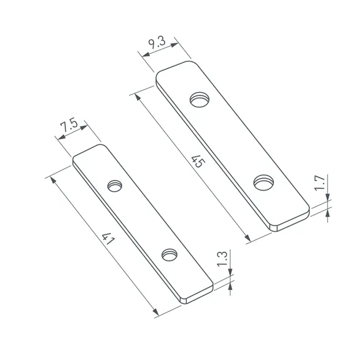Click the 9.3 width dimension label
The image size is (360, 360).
tap(157, 43)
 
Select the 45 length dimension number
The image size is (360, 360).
tap(197, 162)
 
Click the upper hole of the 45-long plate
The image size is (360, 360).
tap(199, 98)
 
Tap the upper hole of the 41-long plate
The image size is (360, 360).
tap(115, 185)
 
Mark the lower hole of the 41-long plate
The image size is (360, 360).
tap(168, 253)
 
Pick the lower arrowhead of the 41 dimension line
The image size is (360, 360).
tap(155, 313)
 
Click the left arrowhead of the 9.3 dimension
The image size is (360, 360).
tap(145, 54)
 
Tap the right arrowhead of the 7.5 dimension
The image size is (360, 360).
tap(86, 127)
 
